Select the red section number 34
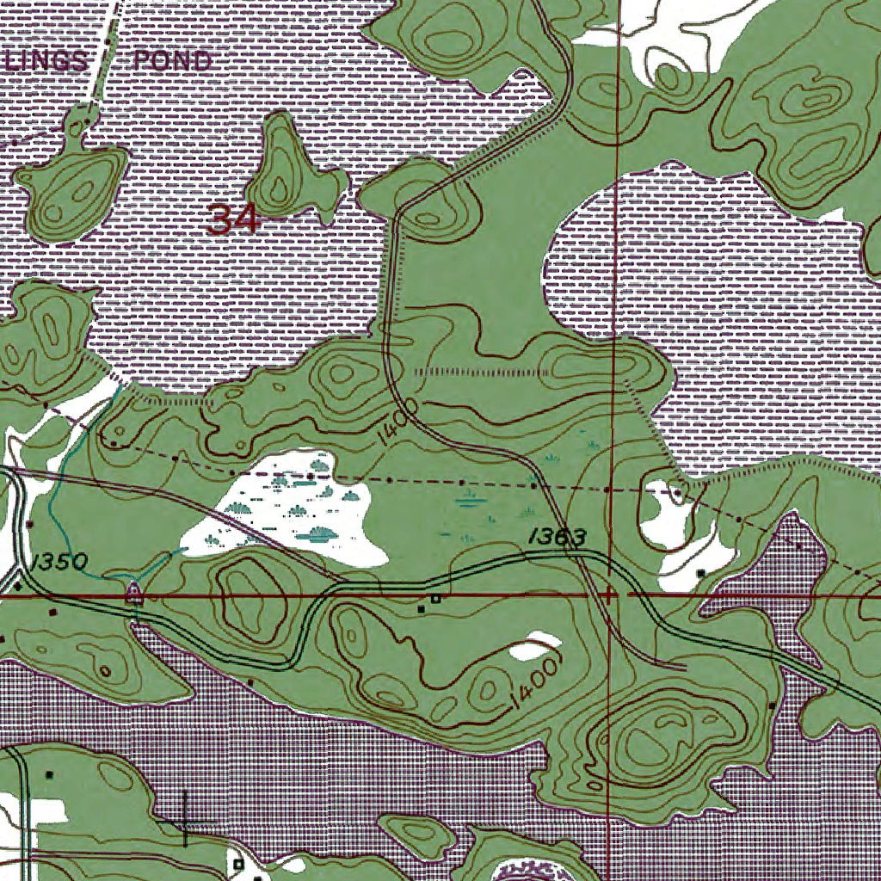[233, 220]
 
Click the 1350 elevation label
[59, 564]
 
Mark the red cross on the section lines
[610, 595]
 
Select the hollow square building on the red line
[436, 598]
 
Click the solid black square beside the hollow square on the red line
[421, 609]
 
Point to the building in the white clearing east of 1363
[700, 572]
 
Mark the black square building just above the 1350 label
[29, 523]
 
